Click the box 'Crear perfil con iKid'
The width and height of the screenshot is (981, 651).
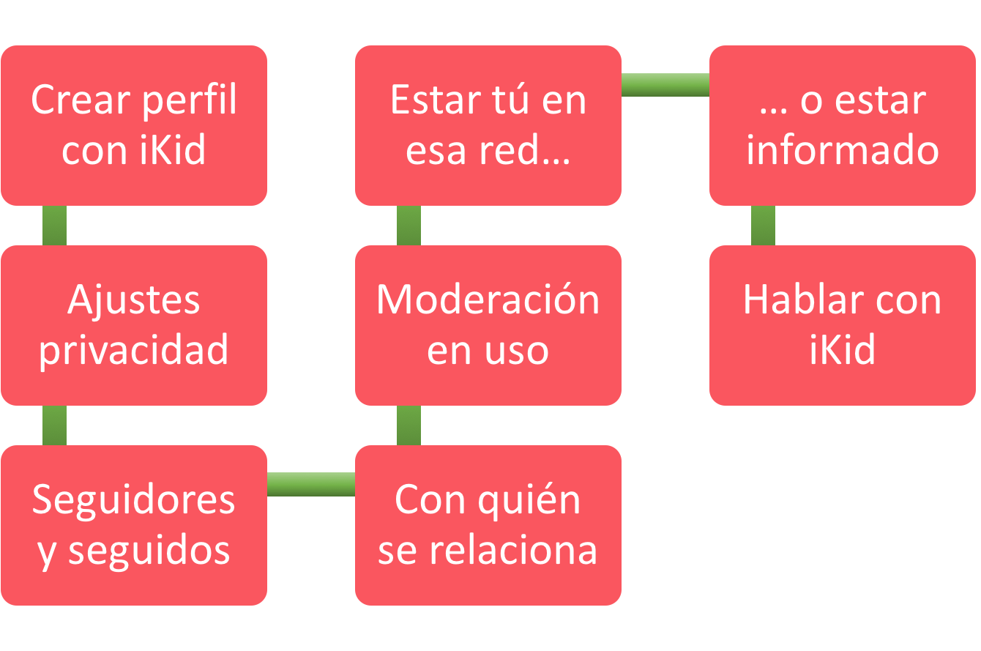pyautogui.click(x=134, y=125)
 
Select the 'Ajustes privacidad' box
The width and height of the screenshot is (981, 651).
pyautogui.click(x=134, y=325)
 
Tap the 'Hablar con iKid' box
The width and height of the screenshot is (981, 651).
pyautogui.click(x=842, y=325)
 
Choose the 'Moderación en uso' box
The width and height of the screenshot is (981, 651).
pyautogui.click(x=488, y=325)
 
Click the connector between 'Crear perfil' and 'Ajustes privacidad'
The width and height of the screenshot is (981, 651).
pyautogui.click(x=55, y=226)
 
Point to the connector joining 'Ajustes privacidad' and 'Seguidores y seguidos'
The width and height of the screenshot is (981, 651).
pyautogui.click(x=55, y=425)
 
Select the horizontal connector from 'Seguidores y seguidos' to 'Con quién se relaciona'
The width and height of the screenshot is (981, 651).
pyautogui.click(x=311, y=484)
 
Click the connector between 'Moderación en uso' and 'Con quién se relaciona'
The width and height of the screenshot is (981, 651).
pyautogui.click(x=409, y=425)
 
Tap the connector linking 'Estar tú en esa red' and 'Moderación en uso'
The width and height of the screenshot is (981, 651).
pyautogui.click(x=409, y=226)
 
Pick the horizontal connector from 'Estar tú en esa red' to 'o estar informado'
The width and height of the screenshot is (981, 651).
pyautogui.click(x=665, y=84)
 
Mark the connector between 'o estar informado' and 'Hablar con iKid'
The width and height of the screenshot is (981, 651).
pyautogui.click(x=763, y=226)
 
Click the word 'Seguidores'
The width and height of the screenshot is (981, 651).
pyautogui.click(x=133, y=500)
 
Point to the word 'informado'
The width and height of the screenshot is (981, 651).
pyautogui.click(x=843, y=149)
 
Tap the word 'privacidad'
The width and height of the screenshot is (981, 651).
pyautogui.click(x=133, y=351)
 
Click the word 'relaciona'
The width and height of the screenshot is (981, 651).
pyautogui.click(x=513, y=550)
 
